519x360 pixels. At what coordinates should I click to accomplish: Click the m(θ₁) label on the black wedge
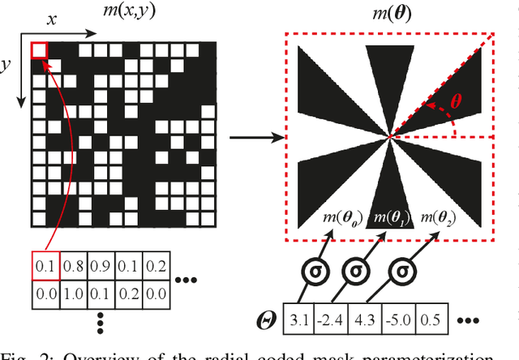click(x=390, y=218)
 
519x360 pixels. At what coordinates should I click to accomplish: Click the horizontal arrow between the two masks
click(x=254, y=137)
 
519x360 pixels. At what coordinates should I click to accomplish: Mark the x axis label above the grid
click(x=50, y=18)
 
